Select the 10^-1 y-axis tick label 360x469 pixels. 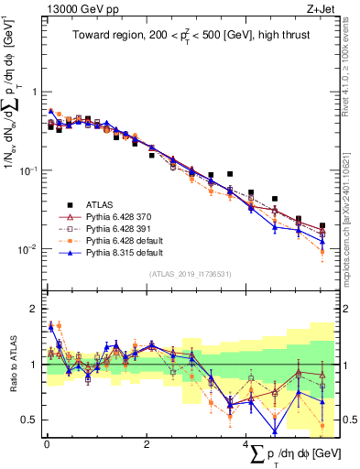pos(29,170)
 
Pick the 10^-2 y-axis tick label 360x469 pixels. pos(29,249)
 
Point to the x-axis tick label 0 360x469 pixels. pos(47,444)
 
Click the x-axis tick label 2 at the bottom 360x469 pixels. pos(147,444)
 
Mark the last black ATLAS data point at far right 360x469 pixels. pos(322,225)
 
